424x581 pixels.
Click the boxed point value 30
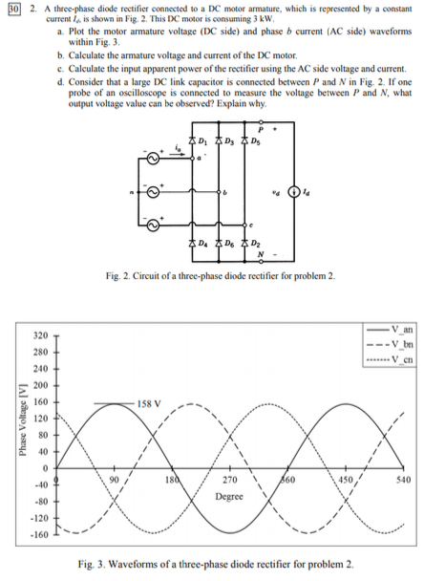coord(12,10)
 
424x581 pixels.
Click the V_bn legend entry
coord(393,344)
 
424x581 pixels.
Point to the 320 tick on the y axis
coord(37,336)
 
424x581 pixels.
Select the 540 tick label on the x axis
coord(408,481)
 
